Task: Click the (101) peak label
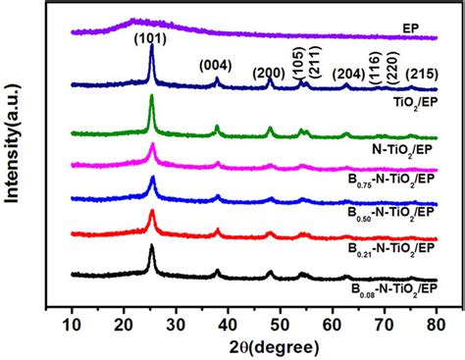pyautogui.click(x=151, y=39)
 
